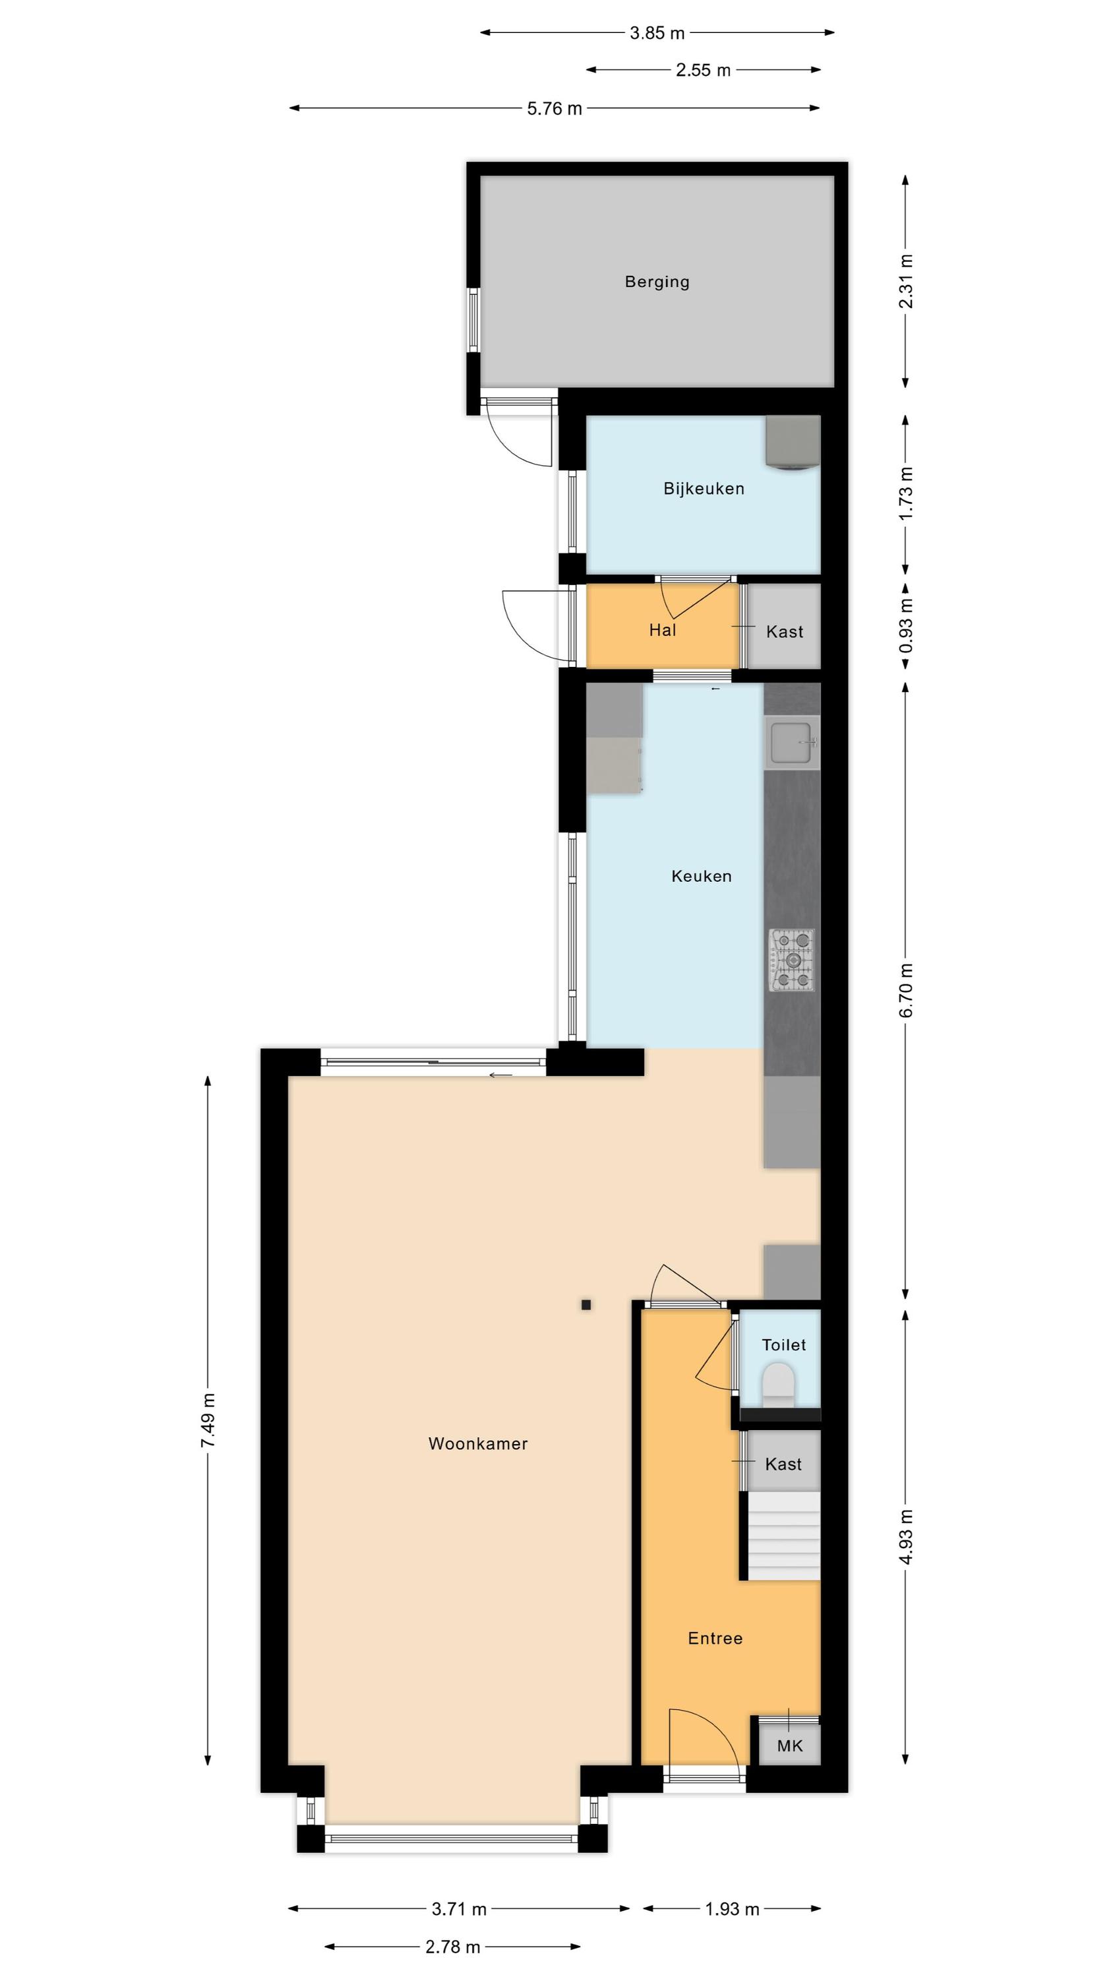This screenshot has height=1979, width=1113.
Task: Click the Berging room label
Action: click(657, 282)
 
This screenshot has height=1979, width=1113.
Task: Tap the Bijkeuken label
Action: click(704, 489)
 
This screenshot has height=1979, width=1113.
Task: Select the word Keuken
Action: click(702, 876)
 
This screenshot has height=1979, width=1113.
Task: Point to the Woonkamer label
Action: click(478, 1443)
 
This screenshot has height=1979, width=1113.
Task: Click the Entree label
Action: click(715, 1638)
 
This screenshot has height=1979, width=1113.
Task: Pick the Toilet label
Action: click(783, 1344)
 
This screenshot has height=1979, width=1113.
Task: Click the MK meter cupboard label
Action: click(790, 1745)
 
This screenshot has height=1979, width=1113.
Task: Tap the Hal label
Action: click(662, 630)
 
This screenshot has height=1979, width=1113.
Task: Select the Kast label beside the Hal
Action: click(784, 631)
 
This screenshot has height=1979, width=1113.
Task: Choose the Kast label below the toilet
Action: click(783, 1464)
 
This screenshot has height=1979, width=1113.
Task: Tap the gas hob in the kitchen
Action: click(792, 960)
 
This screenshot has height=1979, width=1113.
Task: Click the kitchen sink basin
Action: click(792, 743)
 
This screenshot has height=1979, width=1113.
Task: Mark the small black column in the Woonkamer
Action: click(586, 1304)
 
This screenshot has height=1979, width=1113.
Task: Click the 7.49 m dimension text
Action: click(208, 1420)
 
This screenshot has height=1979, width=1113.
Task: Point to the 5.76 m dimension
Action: click(554, 108)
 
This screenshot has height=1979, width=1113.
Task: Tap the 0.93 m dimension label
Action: click(907, 626)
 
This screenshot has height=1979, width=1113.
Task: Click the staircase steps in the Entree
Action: click(784, 1536)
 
